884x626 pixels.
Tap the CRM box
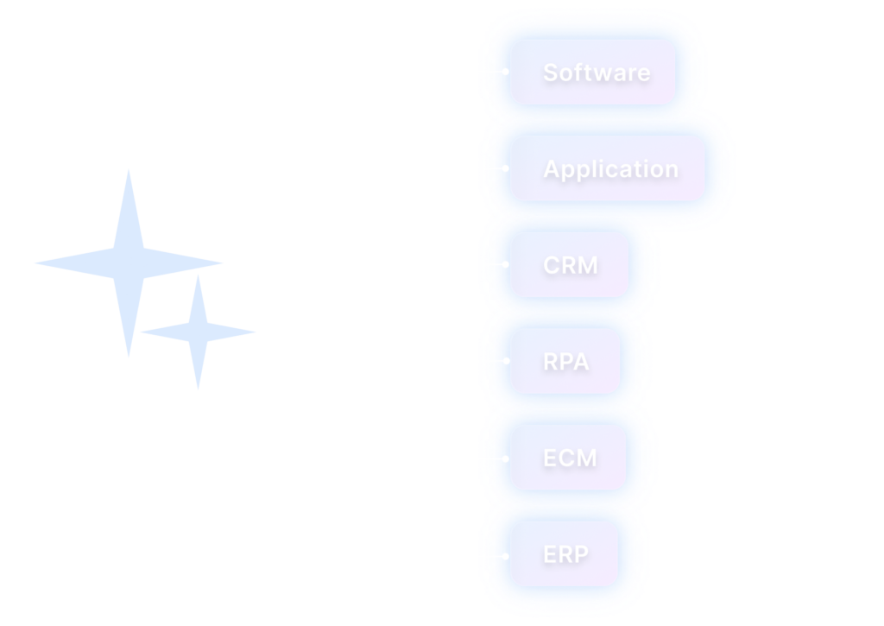[x=570, y=264]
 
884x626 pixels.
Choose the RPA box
[x=565, y=361]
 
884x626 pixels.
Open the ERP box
[x=565, y=553]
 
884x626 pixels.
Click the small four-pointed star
[x=199, y=332]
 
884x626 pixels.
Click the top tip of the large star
[x=129, y=169]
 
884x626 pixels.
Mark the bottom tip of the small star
[x=199, y=389]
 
